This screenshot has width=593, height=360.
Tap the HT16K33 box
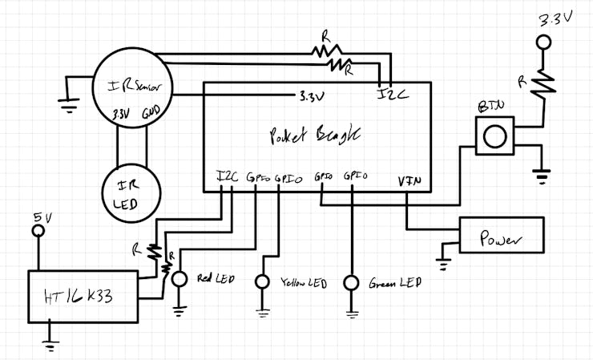[83, 296]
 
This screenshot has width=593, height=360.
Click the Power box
[501, 237]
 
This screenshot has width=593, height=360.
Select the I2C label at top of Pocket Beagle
[393, 94]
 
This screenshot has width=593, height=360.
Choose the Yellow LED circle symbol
[263, 281]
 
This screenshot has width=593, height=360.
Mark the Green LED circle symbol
[350, 282]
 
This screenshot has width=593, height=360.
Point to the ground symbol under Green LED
[350, 313]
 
